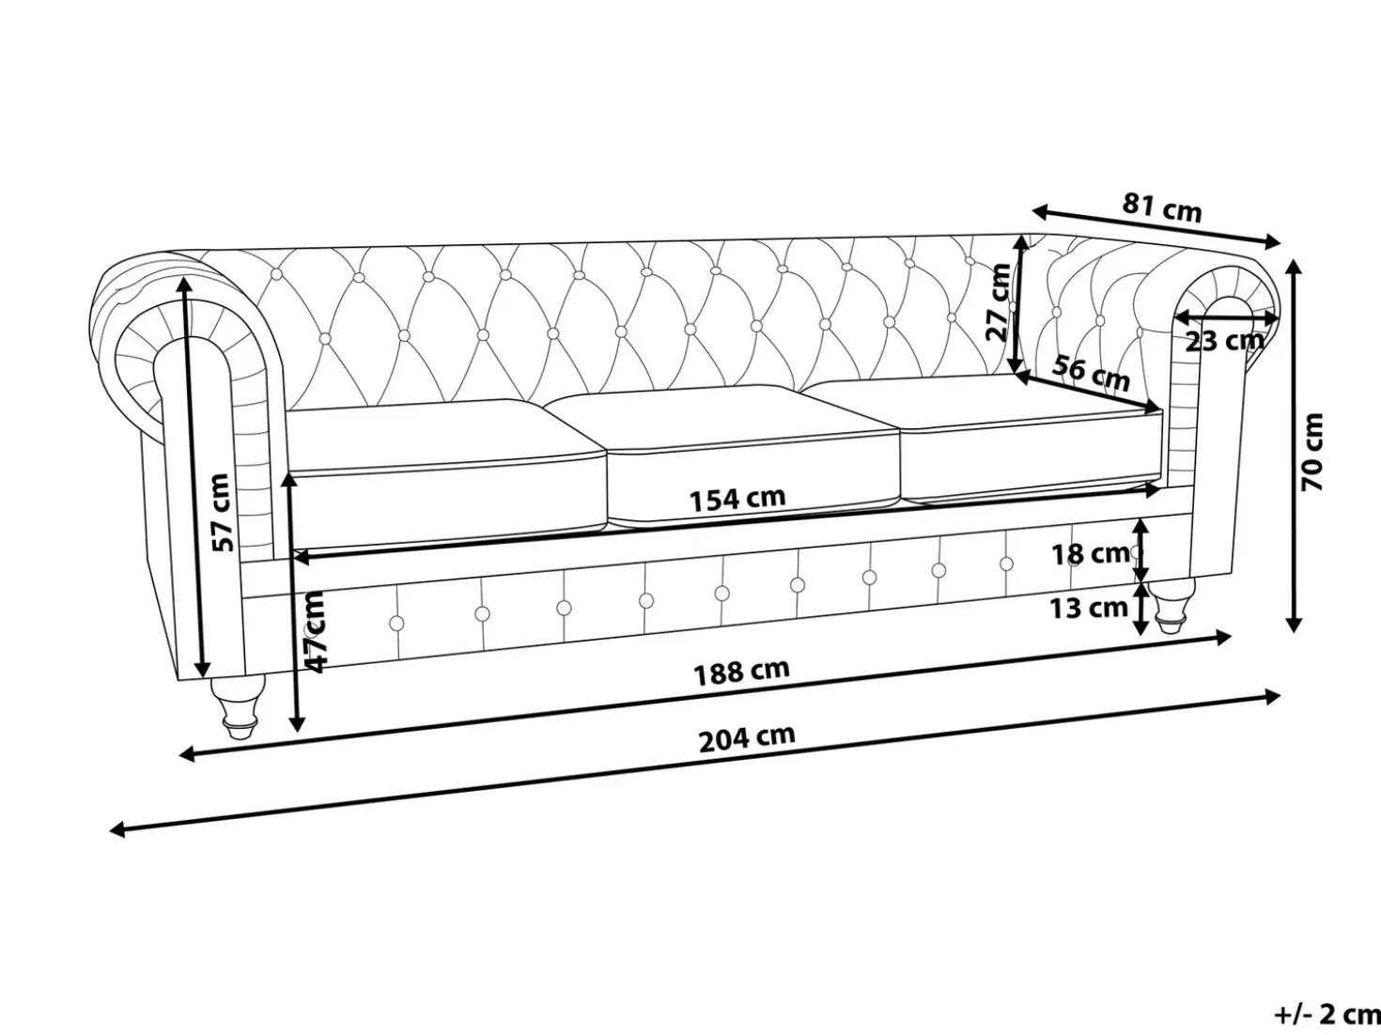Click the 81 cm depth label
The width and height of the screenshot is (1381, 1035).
[x=1162, y=208]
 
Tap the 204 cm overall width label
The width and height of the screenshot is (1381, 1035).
[x=747, y=738]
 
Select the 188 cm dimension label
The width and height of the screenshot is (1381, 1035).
[x=741, y=672]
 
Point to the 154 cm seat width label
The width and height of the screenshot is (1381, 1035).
[x=738, y=500]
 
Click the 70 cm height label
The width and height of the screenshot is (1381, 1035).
[x=1312, y=452]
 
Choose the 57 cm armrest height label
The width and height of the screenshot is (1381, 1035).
[x=221, y=513]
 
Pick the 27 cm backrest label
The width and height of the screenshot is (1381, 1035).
[x=998, y=301]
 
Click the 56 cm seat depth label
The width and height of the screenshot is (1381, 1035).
[x=1091, y=373]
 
